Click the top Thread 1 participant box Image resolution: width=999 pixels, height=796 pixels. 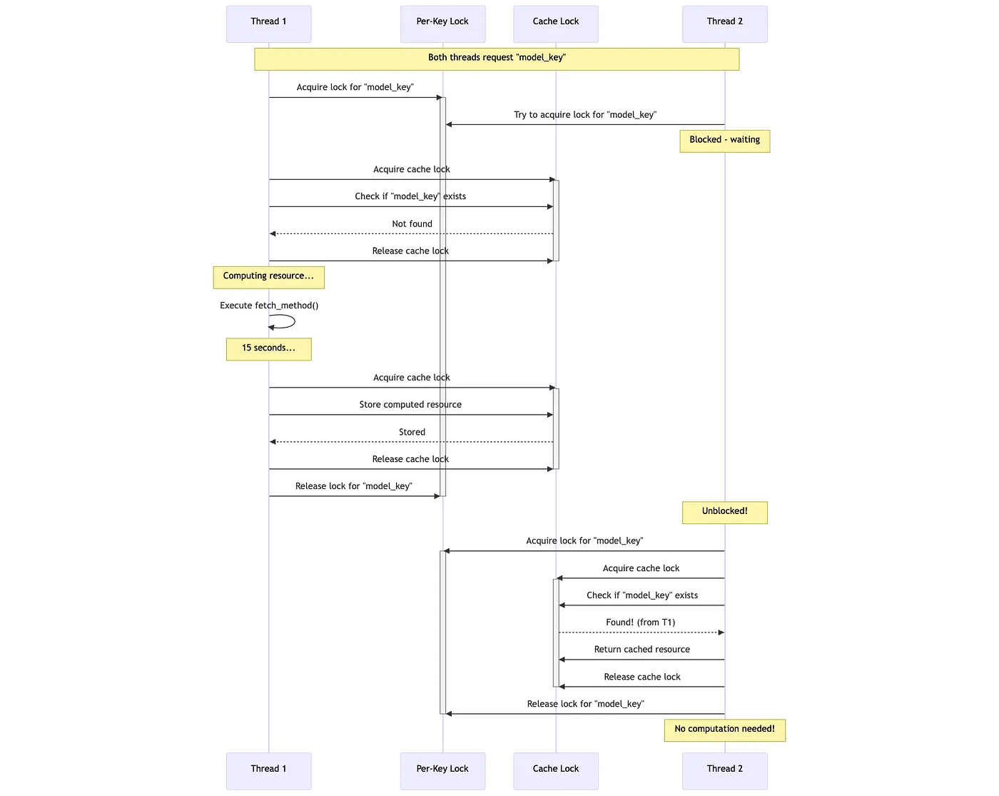tap(268, 24)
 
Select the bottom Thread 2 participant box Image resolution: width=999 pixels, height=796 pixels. tap(724, 771)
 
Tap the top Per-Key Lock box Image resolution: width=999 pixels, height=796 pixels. tap(442, 24)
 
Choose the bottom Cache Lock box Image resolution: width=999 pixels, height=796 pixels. tap(556, 771)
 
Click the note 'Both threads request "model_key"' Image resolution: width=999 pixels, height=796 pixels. tap(496, 59)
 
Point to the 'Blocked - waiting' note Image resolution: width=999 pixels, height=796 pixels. tap(724, 141)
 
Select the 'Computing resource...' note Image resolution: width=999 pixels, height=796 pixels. tap(268, 277)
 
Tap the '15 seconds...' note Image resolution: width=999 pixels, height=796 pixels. tap(268, 349)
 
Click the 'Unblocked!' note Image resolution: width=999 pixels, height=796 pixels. tap(724, 513)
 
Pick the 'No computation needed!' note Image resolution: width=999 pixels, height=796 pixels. tap(724, 730)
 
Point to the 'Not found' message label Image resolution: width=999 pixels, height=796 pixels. tap(412, 224)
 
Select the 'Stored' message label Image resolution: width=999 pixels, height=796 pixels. tap(412, 432)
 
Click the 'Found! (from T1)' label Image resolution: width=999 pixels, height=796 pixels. tap(640, 623)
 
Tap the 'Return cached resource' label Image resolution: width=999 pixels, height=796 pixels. tap(642, 649)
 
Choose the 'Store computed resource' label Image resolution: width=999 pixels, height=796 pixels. tap(410, 405)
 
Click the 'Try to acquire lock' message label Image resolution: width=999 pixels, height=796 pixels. tap(585, 115)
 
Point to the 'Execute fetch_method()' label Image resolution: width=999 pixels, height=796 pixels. tap(269, 305)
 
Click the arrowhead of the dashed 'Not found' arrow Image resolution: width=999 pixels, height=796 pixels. tap(273, 233)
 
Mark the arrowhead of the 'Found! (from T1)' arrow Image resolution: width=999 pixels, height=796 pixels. tap(721, 632)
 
